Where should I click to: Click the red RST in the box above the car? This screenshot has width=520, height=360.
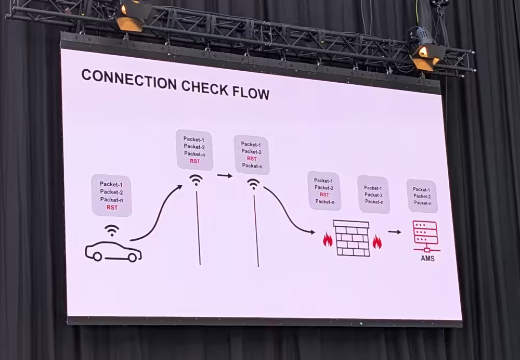(112, 207)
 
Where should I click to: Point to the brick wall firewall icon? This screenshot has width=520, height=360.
(352, 238)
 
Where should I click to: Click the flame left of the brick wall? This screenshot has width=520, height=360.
(328, 239)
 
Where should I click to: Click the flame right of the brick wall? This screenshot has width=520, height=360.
(377, 241)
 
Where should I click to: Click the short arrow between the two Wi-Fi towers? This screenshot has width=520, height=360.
(225, 175)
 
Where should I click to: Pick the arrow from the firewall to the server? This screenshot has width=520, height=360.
(395, 232)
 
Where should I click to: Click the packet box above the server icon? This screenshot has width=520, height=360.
(422, 196)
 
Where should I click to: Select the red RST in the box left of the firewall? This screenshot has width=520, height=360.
(324, 195)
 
